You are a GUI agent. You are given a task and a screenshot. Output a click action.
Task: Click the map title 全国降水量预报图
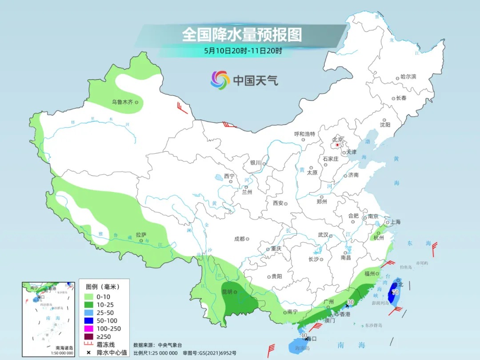(x=242, y=34)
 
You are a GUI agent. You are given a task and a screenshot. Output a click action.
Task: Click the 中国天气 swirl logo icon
(x=220, y=80)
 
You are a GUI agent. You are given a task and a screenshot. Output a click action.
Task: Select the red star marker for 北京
(x=338, y=145)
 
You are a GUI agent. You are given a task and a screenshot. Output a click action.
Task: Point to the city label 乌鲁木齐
(x=122, y=102)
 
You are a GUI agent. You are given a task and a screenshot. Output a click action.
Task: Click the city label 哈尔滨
(x=408, y=77)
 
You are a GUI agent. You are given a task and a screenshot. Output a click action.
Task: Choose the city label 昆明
(x=228, y=292)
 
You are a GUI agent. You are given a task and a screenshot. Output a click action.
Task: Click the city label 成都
(x=239, y=239)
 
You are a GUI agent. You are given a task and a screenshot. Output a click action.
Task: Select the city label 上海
(x=395, y=222)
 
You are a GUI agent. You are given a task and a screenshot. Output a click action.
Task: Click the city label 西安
(x=278, y=203)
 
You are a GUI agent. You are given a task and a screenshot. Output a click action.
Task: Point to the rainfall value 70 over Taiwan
(x=395, y=292)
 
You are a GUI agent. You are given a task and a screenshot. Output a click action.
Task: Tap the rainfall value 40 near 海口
(x=304, y=335)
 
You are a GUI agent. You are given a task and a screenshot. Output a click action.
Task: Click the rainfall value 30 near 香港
(x=351, y=302)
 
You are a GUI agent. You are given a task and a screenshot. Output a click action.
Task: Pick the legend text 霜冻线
(x=106, y=344)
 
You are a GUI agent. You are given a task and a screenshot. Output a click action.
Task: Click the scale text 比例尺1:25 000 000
(x=156, y=352)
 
